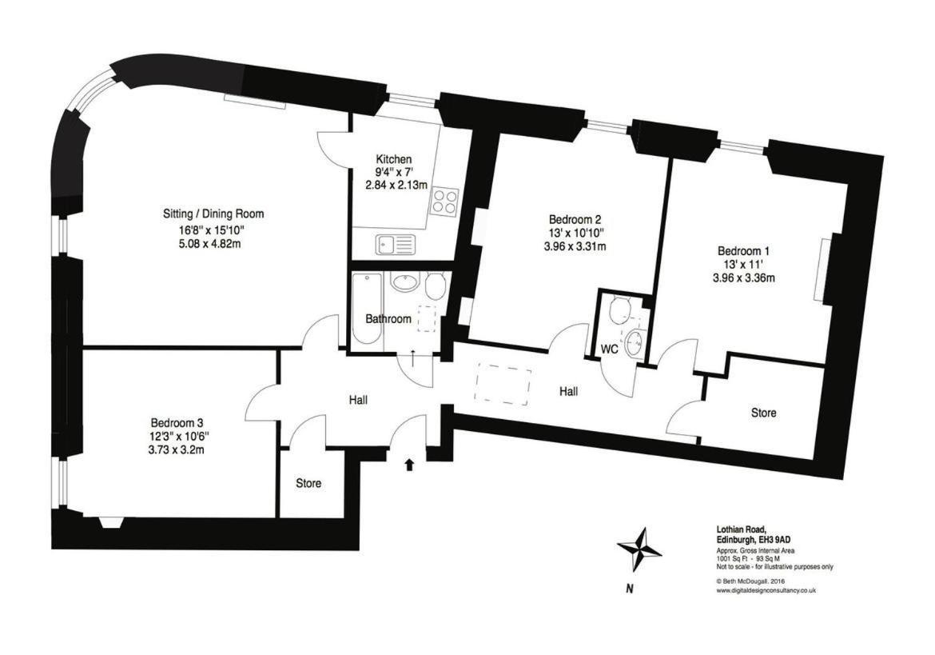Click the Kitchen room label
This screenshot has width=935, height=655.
pyautogui.click(x=393, y=159)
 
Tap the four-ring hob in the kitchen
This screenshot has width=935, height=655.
pyautogui.click(x=445, y=201)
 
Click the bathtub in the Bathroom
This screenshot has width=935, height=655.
pyautogui.click(x=366, y=312)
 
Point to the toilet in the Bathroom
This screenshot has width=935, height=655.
pyautogui.click(x=435, y=286)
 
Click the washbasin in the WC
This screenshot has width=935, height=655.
pyautogui.click(x=633, y=343)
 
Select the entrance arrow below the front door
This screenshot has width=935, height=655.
pyautogui.click(x=410, y=465)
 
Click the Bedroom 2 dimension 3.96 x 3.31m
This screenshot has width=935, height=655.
pyautogui.click(x=575, y=246)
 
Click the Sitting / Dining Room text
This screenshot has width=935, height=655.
pyautogui.click(x=213, y=214)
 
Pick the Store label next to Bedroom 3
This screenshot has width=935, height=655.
pyautogui.click(x=309, y=483)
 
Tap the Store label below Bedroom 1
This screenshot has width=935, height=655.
pyautogui.click(x=764, y=413)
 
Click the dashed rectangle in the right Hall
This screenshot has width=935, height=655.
pyautogui.click(x=503, y=387)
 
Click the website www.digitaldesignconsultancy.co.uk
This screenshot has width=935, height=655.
pyautogui.click(x=766, y=590)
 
